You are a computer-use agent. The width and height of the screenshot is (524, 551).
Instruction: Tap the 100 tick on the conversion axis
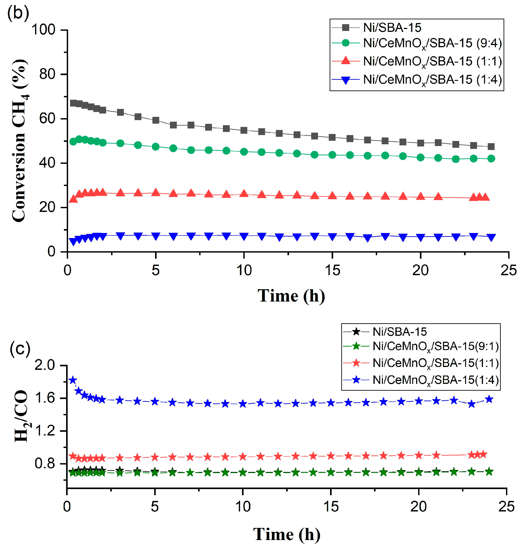pyautogui.click(x=43, y=30)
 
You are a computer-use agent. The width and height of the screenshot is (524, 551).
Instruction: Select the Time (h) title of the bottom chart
pyautogui.click(x=287, y=534)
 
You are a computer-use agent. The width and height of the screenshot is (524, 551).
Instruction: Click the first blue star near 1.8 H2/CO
pyautogui.click(x=73, y=380)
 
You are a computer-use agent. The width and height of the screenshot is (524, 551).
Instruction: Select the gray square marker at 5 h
pyautogui.click(x=155, y=120)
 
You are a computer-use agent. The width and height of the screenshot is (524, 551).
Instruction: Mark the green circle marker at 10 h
pyautogui.click(x=244, y=152)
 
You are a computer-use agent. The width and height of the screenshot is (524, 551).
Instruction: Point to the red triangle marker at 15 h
pyautogui.click(x=332, y=196)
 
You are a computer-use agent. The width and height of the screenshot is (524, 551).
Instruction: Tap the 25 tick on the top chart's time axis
pyautogui.click(x=508, y=270)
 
